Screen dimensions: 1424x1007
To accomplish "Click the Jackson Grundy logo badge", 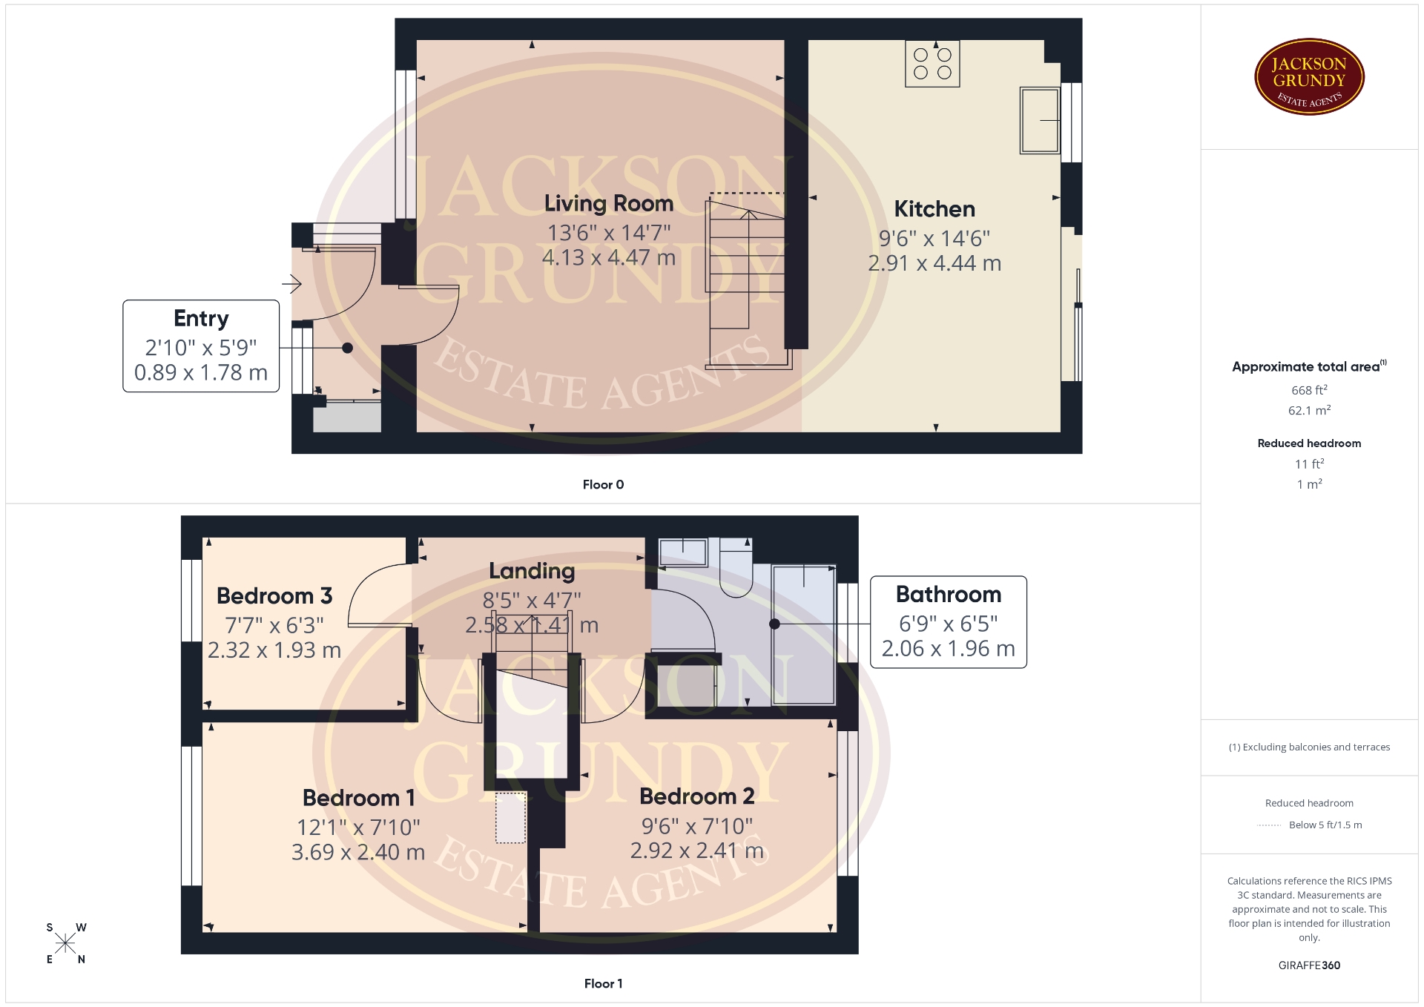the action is pos(1309,77).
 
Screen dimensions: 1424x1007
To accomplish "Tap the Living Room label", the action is pos(609,203).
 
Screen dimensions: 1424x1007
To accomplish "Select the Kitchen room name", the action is pos(934,209).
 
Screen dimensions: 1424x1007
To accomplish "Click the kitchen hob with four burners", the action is pos(932,64).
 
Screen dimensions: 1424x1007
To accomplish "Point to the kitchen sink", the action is pos(1040,120).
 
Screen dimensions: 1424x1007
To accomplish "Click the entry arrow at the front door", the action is pos(291,283).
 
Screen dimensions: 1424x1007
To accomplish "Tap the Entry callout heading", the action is pos(201,319).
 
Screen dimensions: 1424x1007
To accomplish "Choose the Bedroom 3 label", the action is pos(274,596).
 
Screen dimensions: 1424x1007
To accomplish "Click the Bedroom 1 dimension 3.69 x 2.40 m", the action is pos(358,853).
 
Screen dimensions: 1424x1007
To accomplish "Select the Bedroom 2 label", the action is pos(697,796).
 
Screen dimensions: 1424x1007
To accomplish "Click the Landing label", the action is pos(532,571).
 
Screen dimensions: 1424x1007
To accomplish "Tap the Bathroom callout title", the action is pos(949,595).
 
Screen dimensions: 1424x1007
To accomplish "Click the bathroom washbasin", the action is pos(683,552).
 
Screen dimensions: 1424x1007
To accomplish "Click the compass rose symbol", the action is pos(65,943).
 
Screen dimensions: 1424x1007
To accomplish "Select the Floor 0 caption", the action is pos(603,485).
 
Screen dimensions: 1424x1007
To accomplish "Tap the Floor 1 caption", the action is pos(603,984).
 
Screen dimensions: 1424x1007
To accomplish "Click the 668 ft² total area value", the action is pos(1309,390).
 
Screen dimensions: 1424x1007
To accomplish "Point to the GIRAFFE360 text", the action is pos(1309,965).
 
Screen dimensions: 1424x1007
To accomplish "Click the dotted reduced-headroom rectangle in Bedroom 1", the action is pos(510,818).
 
